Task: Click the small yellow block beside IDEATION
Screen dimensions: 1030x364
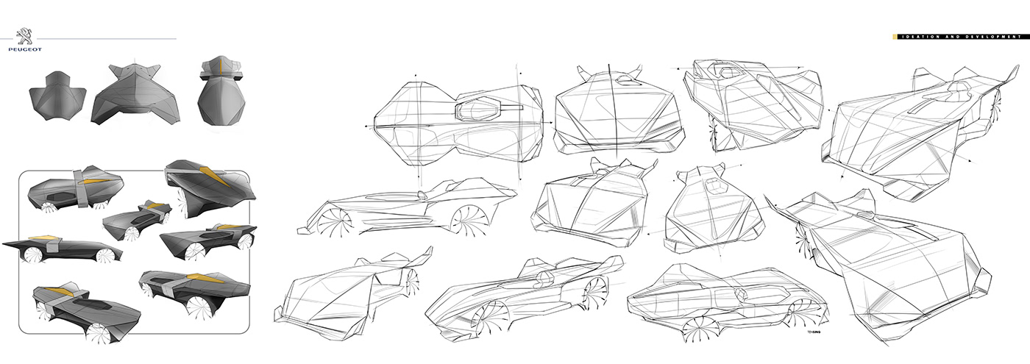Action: pyautogui.click(x=893, y=36)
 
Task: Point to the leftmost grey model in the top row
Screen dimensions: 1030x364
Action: pyautogui.click(x=57, y=93)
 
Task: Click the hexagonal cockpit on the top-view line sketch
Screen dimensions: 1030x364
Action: pyautogui.click(x=477, y=111)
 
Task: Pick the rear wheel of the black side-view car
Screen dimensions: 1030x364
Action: pyautogui.click(x=108, y=253)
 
